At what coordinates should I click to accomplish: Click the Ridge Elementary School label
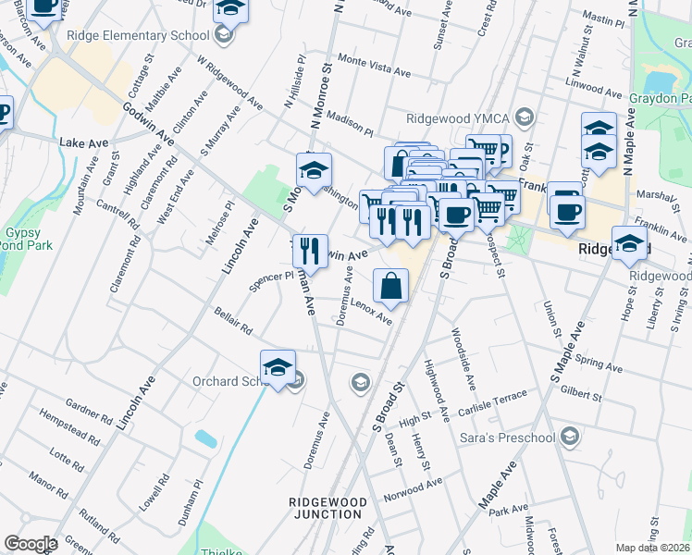pyautogui.click(x=139, y=36)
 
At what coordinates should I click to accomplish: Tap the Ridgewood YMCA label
pyautogui.click(x=459, y=118)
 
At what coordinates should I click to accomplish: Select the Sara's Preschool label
pyautogui.click(x=510, y=438)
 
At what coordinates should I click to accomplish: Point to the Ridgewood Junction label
pyautogui.click(x=328, y=508)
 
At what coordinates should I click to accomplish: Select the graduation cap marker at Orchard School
pyautogui.click(x=278, y=367)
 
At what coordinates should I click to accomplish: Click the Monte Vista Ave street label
pyautogui.click(x=374, y=64)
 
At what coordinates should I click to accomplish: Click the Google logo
pyautogui.click(x=31, y=544)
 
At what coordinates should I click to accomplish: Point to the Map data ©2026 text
pyautogui.click(x=654, y=548)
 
